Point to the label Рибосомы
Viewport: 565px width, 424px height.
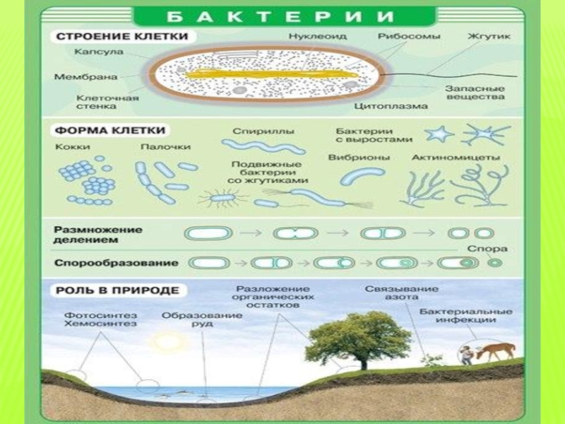point(409,35)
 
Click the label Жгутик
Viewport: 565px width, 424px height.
point(489,35)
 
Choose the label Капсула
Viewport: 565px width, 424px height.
point(99,52)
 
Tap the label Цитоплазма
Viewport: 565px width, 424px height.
point(391,106)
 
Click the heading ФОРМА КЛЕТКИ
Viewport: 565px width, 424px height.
point(110,131)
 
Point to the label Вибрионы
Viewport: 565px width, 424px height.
point(358,157)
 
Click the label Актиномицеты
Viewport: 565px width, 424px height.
point(456,157)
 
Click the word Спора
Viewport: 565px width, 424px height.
point(488,248)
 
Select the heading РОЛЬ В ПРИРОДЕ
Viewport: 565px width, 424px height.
point(117,290)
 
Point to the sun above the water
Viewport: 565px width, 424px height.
point(169,342)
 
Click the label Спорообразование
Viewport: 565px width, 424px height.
point(115,263)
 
